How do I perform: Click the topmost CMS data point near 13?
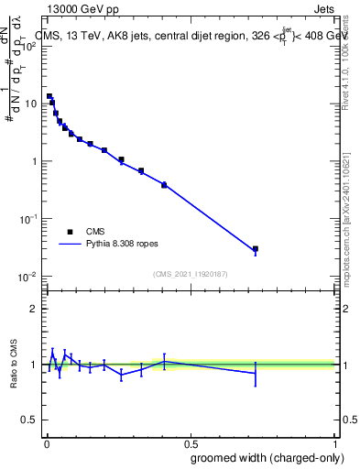pyautogui.click(x=49, y=96)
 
